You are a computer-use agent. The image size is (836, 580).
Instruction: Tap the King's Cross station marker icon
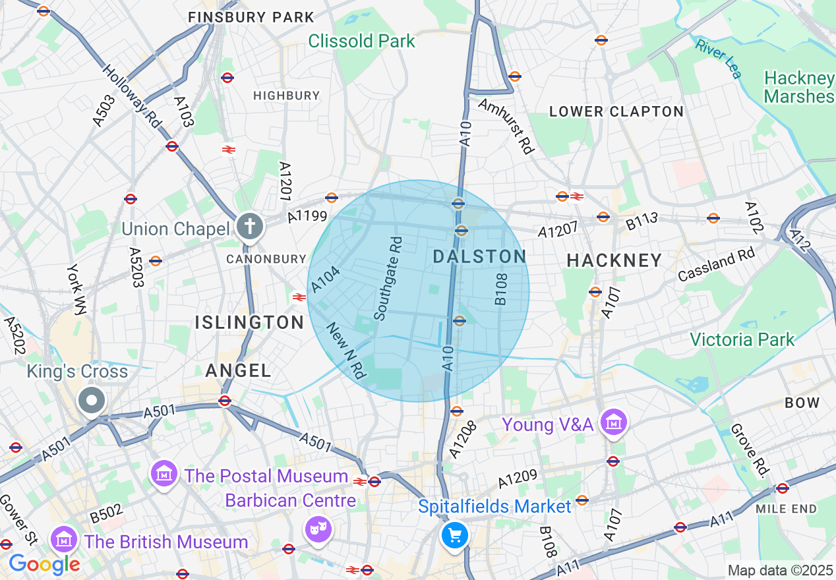(x=92, y=400)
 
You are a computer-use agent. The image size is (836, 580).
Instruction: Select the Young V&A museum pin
(x=614, y=422)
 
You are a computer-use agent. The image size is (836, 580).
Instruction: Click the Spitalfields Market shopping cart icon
(x=454, y=535)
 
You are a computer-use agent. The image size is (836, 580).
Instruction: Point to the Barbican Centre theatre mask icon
(x=318, y=529)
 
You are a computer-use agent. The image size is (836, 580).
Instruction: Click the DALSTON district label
(x=479, y=257)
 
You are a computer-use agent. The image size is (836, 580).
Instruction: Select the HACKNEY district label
(x=614, y=260)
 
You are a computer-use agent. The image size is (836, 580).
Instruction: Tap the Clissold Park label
(x=361, y=41)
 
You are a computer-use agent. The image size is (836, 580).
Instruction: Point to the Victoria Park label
(x=742, y=339)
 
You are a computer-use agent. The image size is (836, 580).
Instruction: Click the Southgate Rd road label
(x=388, y=279)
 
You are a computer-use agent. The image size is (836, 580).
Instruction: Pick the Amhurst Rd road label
(x=506, y=125)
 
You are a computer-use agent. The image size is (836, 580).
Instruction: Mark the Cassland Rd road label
(x=716, y=265)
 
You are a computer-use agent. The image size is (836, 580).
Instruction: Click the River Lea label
(x=718, y=58)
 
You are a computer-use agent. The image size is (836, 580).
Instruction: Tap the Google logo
(x=44, y=564)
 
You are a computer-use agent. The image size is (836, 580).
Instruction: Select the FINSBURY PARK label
(x=251, y=17)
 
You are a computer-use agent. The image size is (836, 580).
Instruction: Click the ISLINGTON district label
(x=249, y=322)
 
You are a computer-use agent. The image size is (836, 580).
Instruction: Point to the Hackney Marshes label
(x=799, y=87)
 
